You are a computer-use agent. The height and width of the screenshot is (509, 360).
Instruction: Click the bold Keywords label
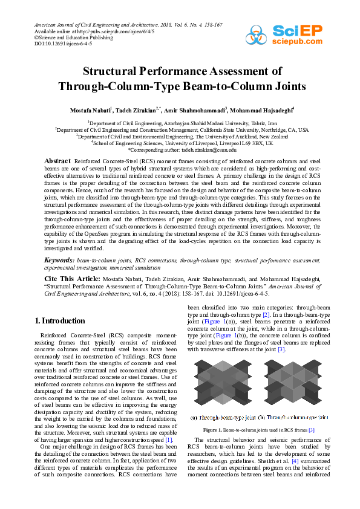[x=59, y=277]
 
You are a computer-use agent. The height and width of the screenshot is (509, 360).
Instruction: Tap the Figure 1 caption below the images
[x=260, y=430]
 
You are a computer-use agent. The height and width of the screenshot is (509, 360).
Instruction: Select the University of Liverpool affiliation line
[x=182, y=143]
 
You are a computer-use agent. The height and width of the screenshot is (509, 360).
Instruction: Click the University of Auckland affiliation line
[x=182, y=136]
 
